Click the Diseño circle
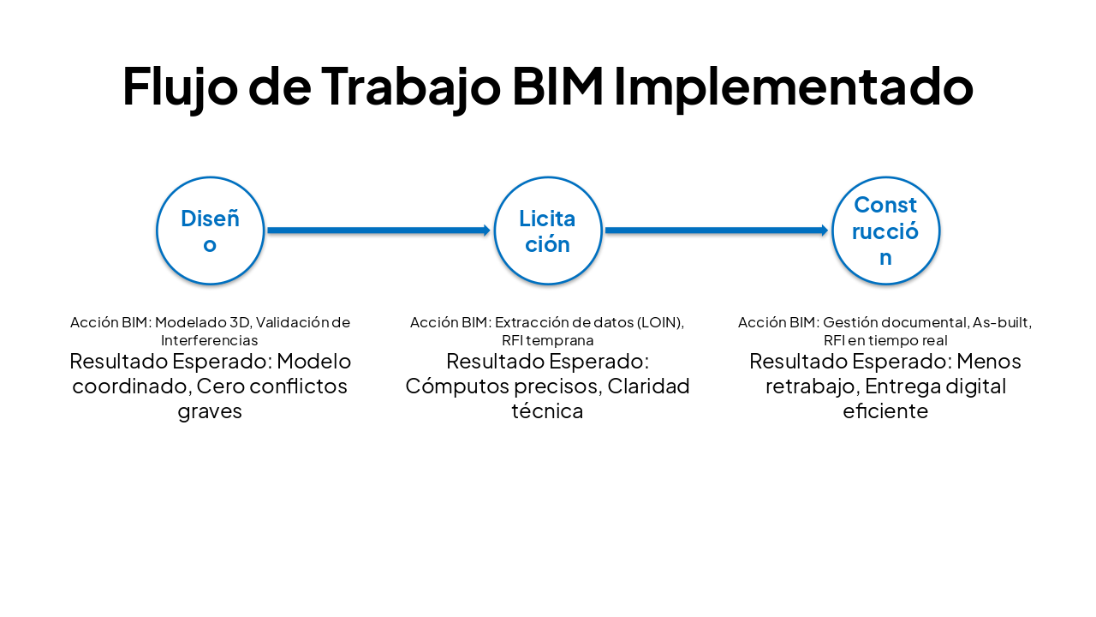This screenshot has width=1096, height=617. pyautogui.click(x=210, y=231)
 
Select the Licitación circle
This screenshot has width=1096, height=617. pyautogui.click(x=548, y=231)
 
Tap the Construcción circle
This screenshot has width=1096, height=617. pyautogui.click(x=886, y=231)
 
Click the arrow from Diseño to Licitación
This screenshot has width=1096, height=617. pyautogui.click(x=377, y=231)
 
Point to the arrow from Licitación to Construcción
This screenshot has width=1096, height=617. pyautogui.click(x=716, y=231)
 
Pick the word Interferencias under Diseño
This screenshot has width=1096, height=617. pyautogui.click(x=210, y=340)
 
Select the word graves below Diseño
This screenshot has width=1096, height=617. pyautogui.click(x=210, y=411)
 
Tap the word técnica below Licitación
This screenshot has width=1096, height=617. pyautogui.click(x=547, y=411)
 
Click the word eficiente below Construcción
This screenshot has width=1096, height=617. pyautogui.click(x=885, y=411)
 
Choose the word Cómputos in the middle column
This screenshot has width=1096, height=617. pyautogui.click(x=455, y=386)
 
